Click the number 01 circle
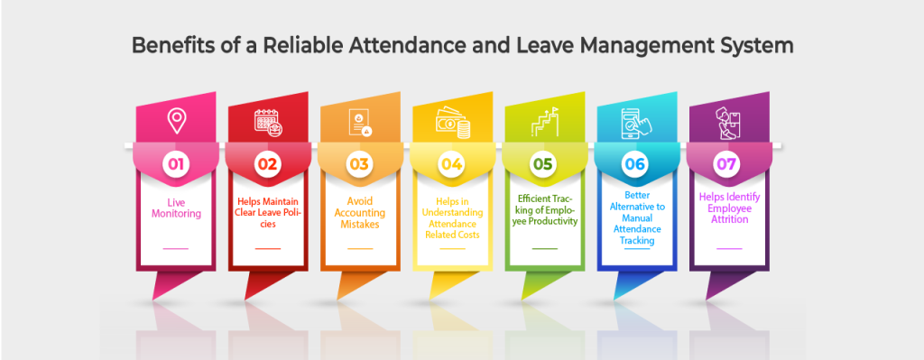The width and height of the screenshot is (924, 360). click(175, 164)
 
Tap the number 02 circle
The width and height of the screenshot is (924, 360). click(267, 164)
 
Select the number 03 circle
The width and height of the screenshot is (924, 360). click(359, 164)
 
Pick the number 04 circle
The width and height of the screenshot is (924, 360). click(451, 164)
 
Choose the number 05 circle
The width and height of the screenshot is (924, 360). click(544, 164)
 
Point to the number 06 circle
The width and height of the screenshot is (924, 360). click(636, 164)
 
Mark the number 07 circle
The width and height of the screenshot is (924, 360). click(728, 164)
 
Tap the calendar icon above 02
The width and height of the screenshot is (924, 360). click(267, 122)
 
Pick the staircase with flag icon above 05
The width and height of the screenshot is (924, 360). click(544, 121)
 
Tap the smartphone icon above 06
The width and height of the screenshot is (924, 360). click(636, 122)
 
